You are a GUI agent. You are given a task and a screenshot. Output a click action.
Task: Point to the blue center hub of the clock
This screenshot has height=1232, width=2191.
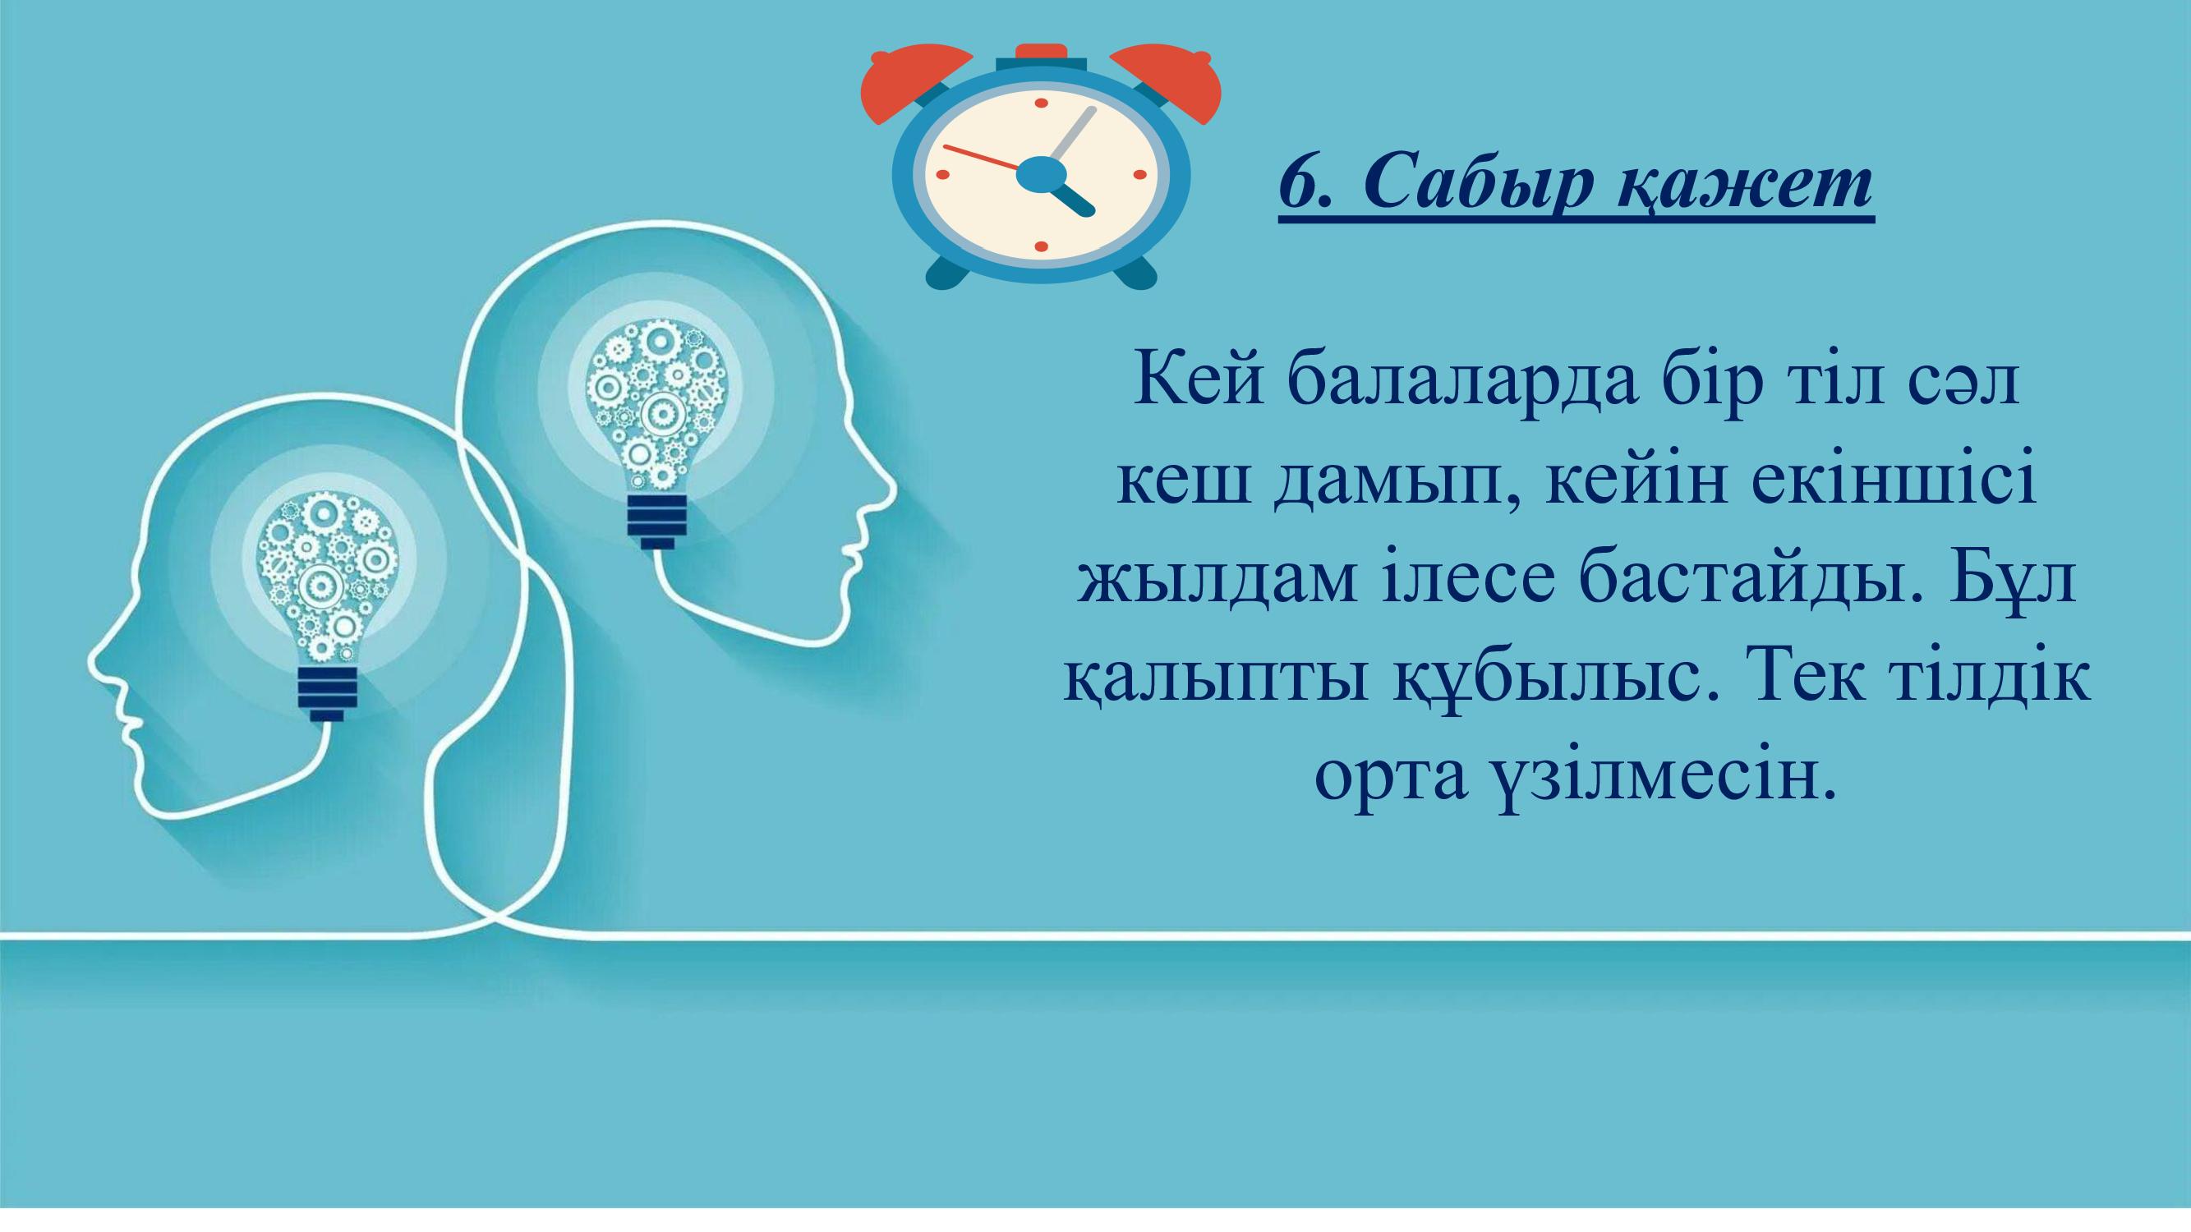coord(1041,175)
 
